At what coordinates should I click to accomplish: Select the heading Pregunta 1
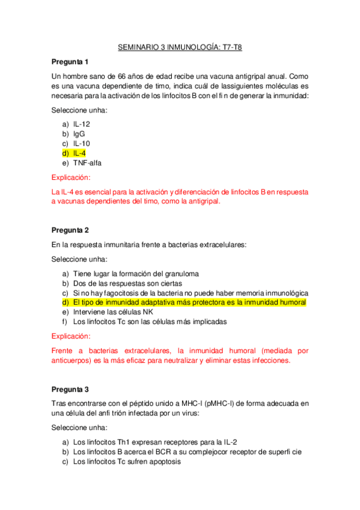(x=70, y=62)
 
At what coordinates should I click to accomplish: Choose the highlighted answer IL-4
(x=79, y=153)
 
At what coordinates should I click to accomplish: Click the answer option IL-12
(x=82, y=123)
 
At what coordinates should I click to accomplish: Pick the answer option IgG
(x=79, y=134)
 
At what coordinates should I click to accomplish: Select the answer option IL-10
(x=82, y=143)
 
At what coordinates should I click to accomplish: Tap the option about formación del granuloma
(x=136, y=272)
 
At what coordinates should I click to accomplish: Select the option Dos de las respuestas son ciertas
(x=136, y=283)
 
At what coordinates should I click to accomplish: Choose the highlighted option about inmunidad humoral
(x=189, y=302)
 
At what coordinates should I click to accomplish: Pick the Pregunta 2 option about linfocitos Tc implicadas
(x=150, y=322)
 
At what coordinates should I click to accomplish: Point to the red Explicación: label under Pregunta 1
(x=71, y=178)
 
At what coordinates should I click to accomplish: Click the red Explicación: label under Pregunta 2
(x=71, y=336)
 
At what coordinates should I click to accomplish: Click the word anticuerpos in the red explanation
(x=76, y=361)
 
